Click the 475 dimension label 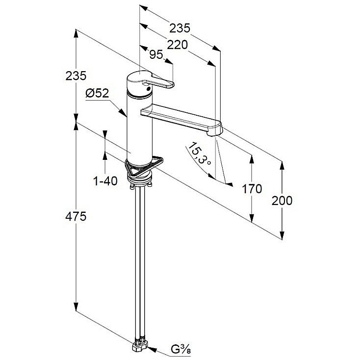76,216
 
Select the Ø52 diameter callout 97,94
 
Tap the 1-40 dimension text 105,181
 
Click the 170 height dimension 252,189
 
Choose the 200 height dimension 282,201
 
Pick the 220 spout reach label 177,45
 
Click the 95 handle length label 156,54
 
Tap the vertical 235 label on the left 76,76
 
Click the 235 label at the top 180,28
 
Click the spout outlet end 215,132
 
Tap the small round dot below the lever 148,88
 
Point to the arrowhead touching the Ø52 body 123,113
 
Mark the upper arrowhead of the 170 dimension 252,159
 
